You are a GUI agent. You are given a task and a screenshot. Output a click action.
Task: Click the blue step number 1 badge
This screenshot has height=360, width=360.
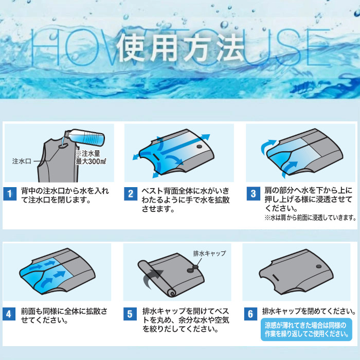click(10, 194)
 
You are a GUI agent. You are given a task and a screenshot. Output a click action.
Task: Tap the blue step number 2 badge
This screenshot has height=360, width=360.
click(131, 194)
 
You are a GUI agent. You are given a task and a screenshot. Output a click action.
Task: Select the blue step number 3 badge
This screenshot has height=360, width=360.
click(253, 193)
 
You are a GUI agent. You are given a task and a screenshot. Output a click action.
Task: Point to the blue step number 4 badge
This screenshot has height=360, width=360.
click(9, 314)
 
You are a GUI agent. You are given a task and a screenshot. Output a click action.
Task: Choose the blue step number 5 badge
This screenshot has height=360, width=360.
click(130, 314)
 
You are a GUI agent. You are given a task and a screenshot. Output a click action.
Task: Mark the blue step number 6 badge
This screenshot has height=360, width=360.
click(251, 314)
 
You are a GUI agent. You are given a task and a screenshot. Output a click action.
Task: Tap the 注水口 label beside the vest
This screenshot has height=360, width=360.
click(22, 161)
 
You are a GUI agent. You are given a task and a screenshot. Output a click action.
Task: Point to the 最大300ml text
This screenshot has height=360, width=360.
click(91, 161)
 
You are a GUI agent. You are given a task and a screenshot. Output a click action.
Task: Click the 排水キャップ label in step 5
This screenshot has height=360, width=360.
click(209, 254)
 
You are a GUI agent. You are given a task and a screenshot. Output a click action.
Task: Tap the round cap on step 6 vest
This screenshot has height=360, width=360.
click(319, 266)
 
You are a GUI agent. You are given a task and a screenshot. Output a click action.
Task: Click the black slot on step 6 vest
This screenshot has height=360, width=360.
click(275, 278)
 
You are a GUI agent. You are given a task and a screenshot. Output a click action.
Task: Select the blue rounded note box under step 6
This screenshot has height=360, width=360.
click(307, 330)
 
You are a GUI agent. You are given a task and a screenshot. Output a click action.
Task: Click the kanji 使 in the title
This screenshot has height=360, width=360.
click(131, 48)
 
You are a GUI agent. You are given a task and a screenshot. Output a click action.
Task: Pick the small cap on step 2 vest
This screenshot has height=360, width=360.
click(200, 146)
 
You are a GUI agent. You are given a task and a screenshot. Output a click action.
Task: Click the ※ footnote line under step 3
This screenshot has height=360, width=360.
click(310, 218)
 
